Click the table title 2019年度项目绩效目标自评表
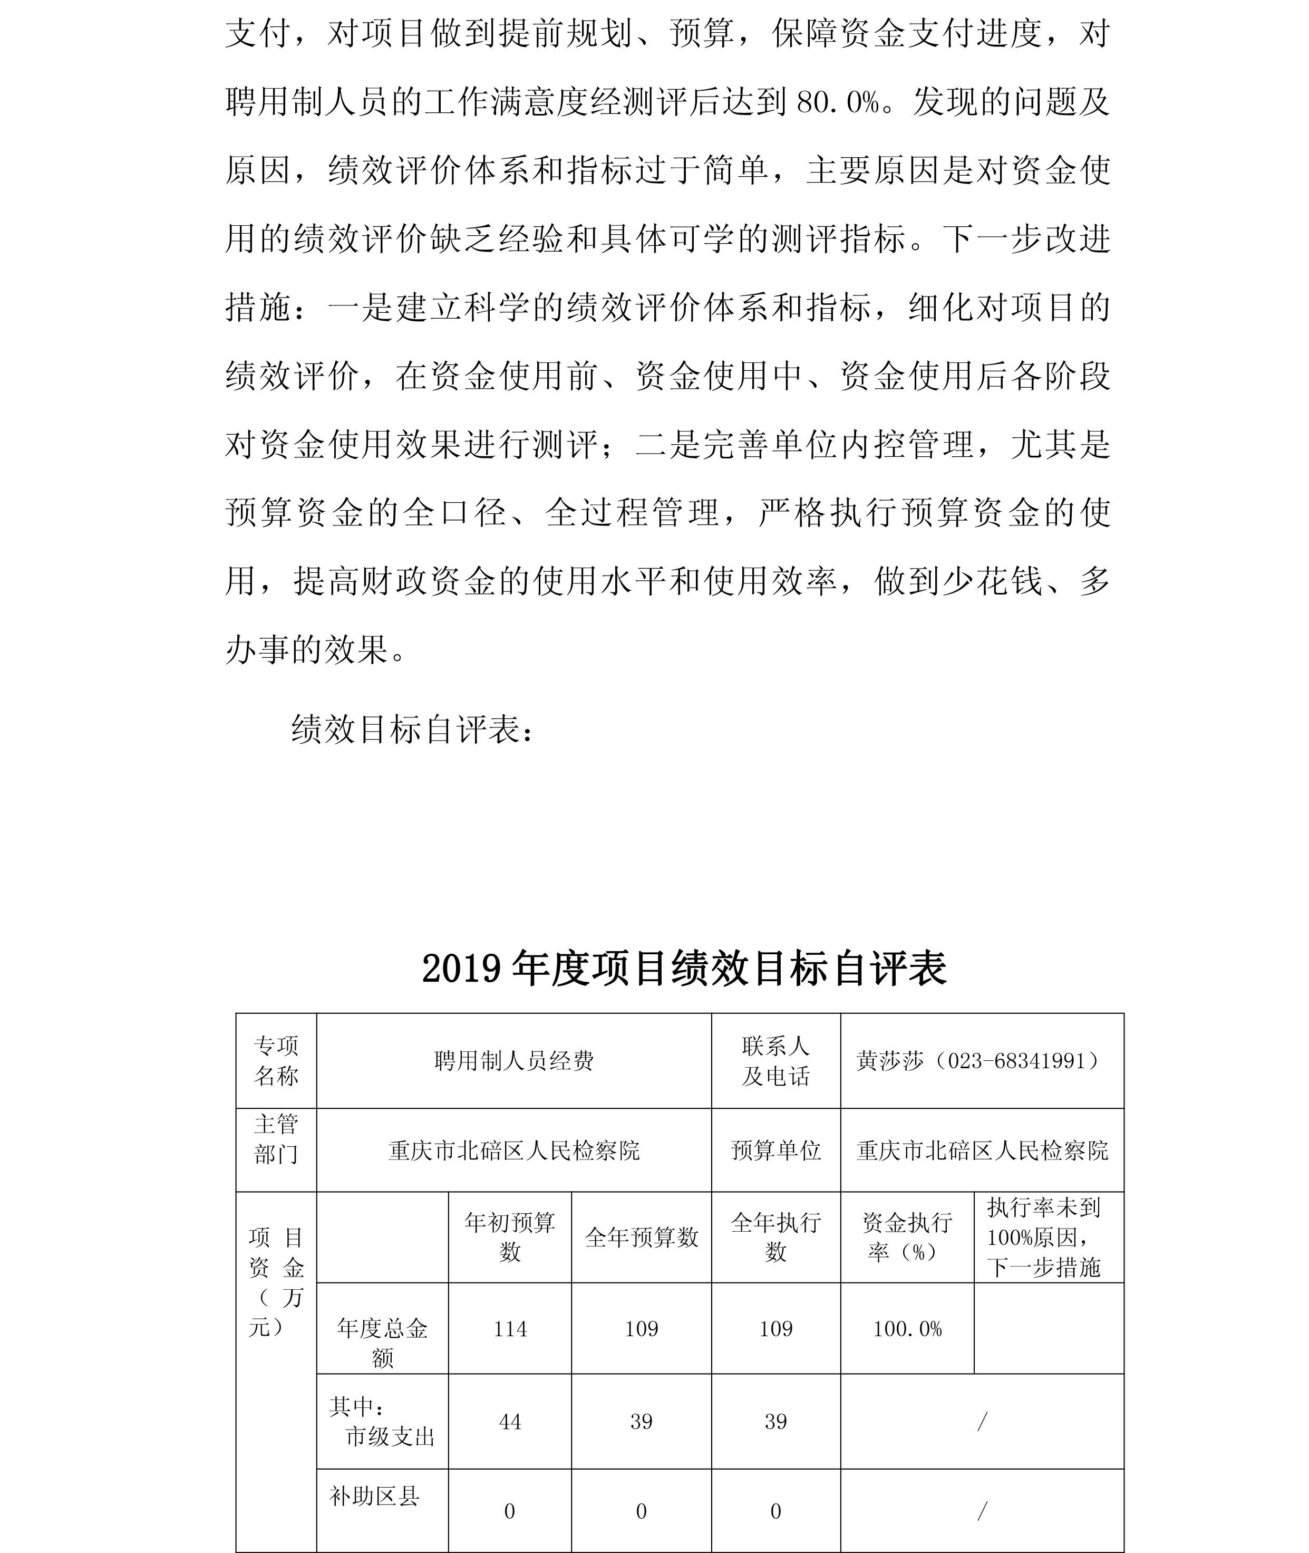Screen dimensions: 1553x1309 [683, 969]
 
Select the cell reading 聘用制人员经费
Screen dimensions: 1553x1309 [513, 1061]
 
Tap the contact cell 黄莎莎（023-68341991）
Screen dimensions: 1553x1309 [981, 1061]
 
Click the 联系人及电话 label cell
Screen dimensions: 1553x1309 [775, 1061]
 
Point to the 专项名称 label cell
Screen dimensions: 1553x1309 [276, 1061]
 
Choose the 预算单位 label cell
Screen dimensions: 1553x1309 [775, 1151]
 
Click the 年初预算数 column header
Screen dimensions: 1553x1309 [510, 1238]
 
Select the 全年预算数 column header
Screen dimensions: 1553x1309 [641, 1238]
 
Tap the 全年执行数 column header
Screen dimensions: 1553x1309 [775, 1238]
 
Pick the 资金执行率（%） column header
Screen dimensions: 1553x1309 [907, 1238]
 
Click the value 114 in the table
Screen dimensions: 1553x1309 [510, 1329]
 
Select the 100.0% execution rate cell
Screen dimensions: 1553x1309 [907, 1329]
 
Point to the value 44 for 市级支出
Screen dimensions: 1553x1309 [510, 1422]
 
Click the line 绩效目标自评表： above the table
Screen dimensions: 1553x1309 [413, 730]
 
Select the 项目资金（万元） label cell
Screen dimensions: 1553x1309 [276, 1282]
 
